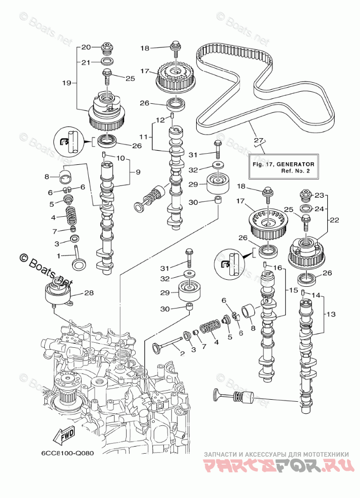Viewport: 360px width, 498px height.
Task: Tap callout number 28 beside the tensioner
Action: (89, 292)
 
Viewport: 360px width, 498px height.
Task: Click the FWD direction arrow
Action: (68, 434)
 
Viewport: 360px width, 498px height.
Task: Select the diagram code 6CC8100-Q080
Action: (65, 452)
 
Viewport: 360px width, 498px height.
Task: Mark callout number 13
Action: (330, 314)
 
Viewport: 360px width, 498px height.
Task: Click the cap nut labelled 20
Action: (107, 48)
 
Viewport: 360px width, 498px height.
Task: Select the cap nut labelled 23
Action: (307, 195)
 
